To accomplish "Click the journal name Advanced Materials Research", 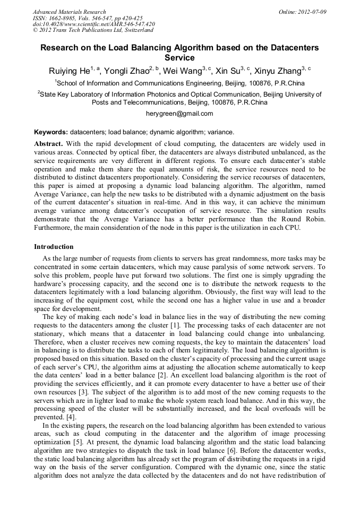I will point(69,12).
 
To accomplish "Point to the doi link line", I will point(94,24).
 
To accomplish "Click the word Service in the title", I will point(179,57).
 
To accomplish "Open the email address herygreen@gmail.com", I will point(179,113).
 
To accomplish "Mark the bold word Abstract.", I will point(48,144).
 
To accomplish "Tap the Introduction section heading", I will point(54,247).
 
